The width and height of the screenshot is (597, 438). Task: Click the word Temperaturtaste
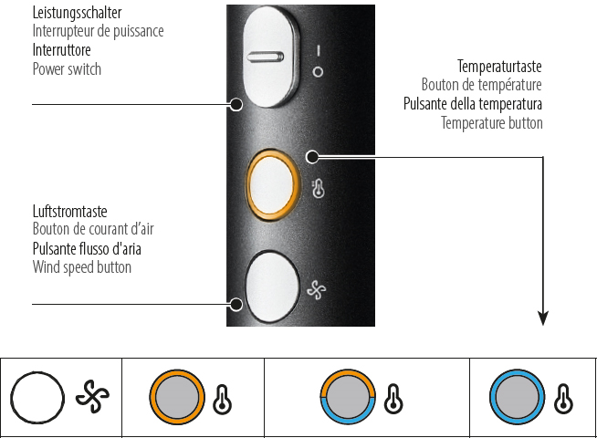[499, 68]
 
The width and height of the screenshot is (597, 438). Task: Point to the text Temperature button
[491, 122]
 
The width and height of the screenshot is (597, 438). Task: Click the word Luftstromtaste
[69, 212]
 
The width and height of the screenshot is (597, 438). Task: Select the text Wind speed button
[81, 267]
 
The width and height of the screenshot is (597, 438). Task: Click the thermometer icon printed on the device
[318, 189]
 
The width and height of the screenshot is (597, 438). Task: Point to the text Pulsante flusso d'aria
[87, 249]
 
